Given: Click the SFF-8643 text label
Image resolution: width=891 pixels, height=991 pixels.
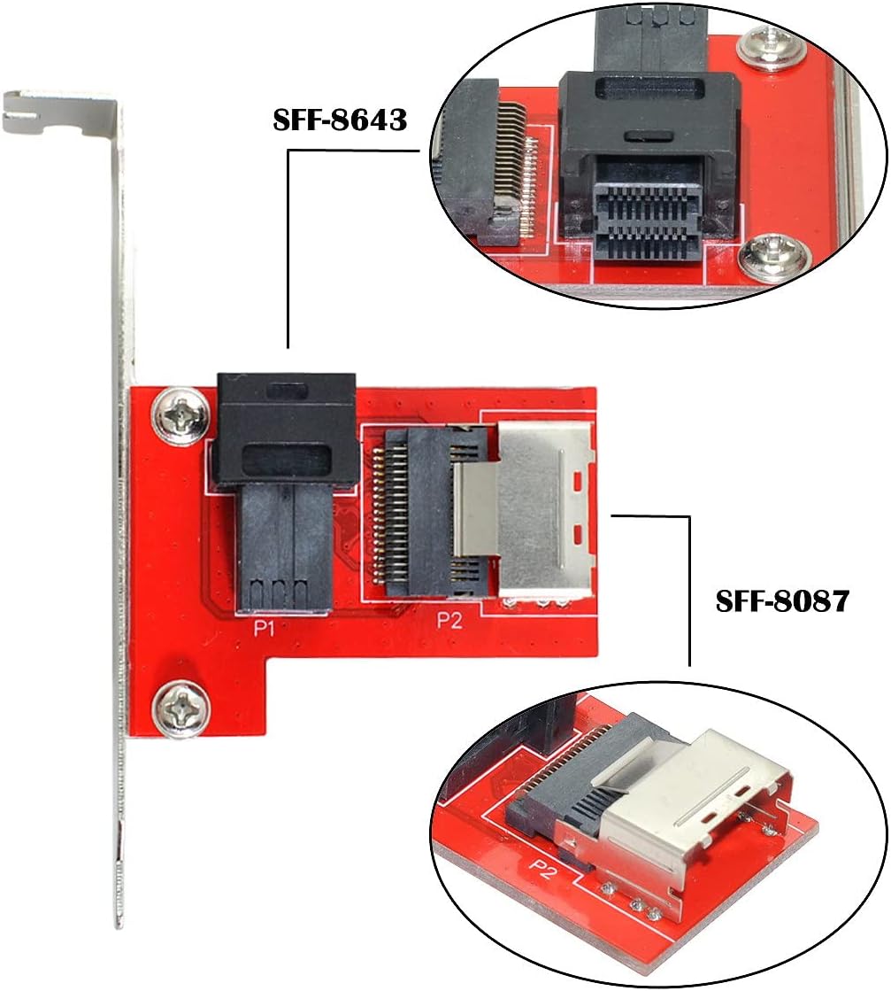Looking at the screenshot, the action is tap(340, 120).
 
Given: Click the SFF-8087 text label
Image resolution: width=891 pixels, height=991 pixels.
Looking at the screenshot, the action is tap(782, 601).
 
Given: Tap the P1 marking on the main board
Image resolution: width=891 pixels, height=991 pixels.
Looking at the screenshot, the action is tap(264, 628).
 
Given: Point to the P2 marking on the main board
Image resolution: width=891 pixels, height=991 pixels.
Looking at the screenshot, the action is tap(449, 621).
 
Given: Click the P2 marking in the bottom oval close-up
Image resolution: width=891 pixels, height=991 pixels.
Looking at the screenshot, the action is tap(543, 869).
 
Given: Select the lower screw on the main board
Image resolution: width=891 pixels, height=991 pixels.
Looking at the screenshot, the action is tap(181, 708).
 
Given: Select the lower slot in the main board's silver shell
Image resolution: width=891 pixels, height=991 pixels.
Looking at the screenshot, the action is tap(577, 536).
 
